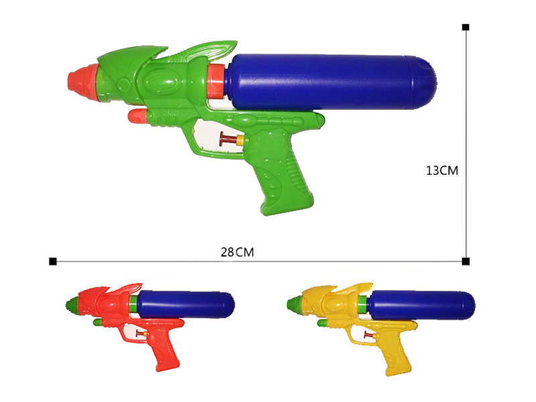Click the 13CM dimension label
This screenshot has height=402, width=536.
coord(442,170)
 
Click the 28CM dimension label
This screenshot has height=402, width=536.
coord(237,253)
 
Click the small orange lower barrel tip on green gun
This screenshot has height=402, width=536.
coord(137,117)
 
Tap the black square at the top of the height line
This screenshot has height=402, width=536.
coord(466,27)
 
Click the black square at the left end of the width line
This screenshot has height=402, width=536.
coord(52,261)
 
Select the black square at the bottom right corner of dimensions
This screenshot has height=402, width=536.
coord(466,261)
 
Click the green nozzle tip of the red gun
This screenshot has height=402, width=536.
coord(69,307)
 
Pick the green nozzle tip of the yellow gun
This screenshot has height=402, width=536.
coord(293,307)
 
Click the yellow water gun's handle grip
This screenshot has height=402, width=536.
coord(395,353)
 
